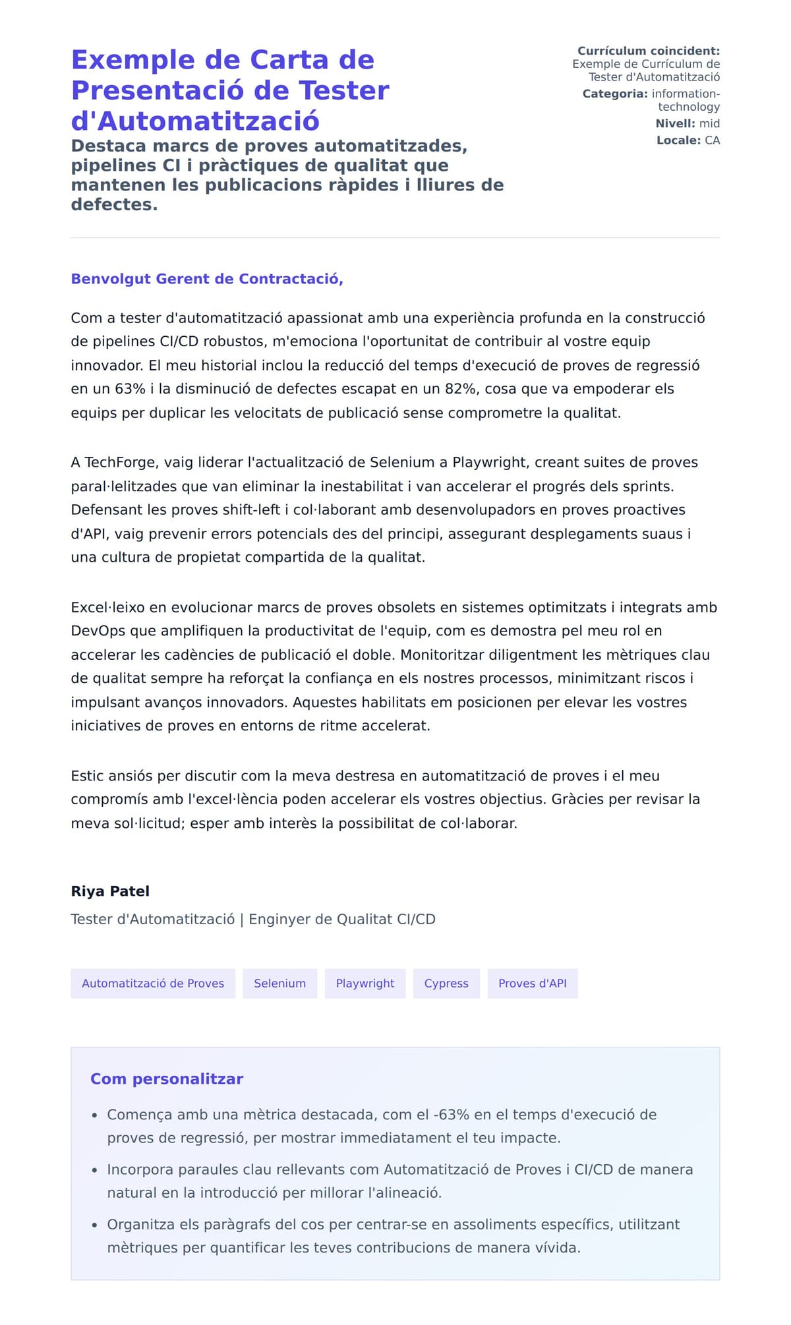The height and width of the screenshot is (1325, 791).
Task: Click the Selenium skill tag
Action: click(279, 983)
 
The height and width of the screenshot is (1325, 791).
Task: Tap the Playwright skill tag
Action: click(365, 983)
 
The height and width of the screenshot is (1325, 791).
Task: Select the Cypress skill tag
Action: click(446, 983)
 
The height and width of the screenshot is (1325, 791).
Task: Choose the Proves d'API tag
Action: click(532, 983)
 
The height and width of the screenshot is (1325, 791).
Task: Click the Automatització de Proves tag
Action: click(153, 983)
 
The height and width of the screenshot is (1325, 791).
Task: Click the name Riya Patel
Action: click(110, 891)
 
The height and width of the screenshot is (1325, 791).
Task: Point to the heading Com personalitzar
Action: click(167, 1079)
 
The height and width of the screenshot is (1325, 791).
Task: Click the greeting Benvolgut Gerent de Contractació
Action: click(207, 279)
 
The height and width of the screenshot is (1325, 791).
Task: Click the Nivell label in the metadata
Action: click(674, 124)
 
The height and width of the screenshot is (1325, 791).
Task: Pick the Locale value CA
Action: click(712, 140)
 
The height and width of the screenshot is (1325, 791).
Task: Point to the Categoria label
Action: click(614, 94)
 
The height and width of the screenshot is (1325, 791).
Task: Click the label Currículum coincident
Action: click(649, 51)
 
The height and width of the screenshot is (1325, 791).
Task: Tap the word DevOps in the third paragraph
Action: click(98, 631)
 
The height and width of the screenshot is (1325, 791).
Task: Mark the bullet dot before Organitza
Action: click(94, 1225)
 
